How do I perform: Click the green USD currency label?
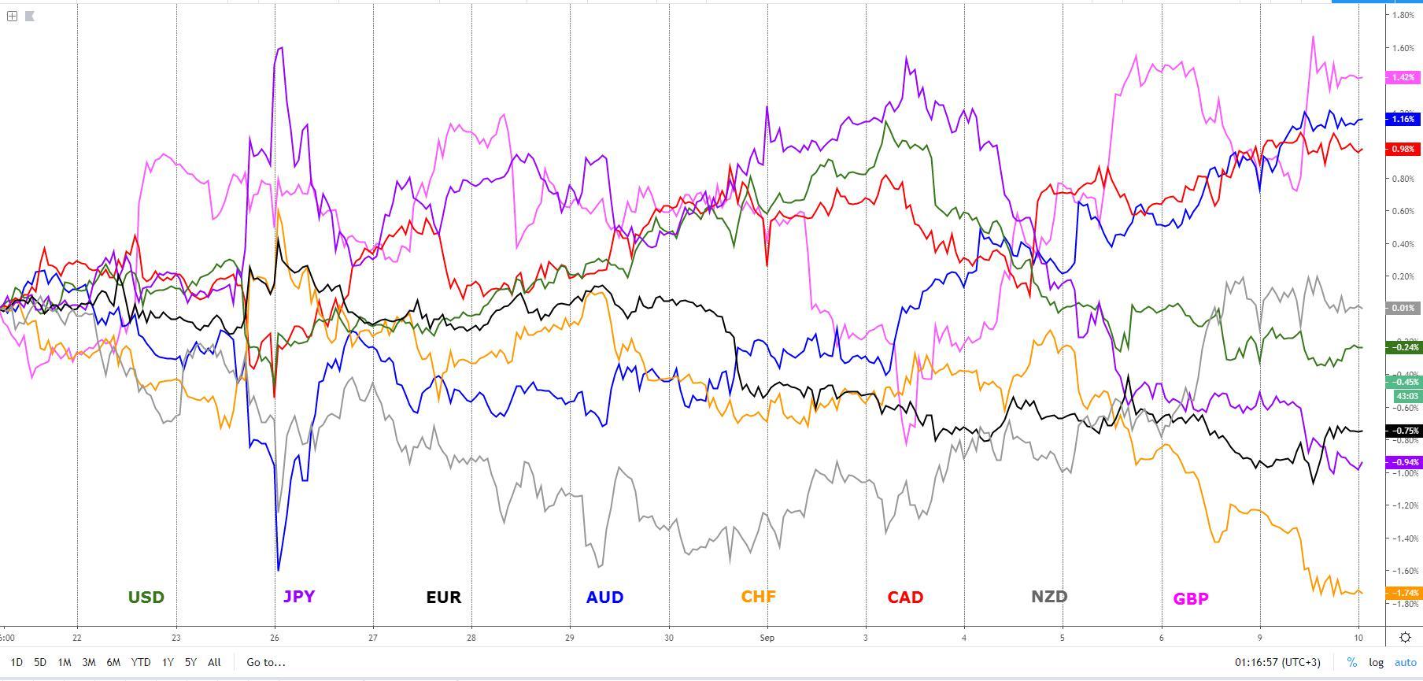pyautogui.click(x=146, y=598)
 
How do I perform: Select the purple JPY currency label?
pyautogui.click(x=298, y=596)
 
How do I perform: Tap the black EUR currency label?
pyautogui.click(x=443, y=598)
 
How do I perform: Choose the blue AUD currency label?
pyautogui.click(x=604, y=598)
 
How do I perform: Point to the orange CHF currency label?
pyautogui.click(x=758, y=596)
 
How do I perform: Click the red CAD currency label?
pyautogui.click(x=905, y=598)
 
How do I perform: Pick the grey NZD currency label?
pyautogui.click(x=1049, y=596)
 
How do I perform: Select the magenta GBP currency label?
pyautogui.click(x=1191, y=599)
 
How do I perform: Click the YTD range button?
pyautogui.click(x=141, y=662)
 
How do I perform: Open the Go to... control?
pyautogui.click(x=265, y=662)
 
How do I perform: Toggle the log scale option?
pyautogui.click(x=1376, y=662)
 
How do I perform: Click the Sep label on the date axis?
pyautogui.click(x=767, y=638)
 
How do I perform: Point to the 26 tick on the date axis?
pyautogui.click(x=274, y=638)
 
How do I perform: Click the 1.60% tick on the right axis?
pyautogui.click(x=1404, y=48)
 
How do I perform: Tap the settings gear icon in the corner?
pyautogui.click(x=1405, y=638)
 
